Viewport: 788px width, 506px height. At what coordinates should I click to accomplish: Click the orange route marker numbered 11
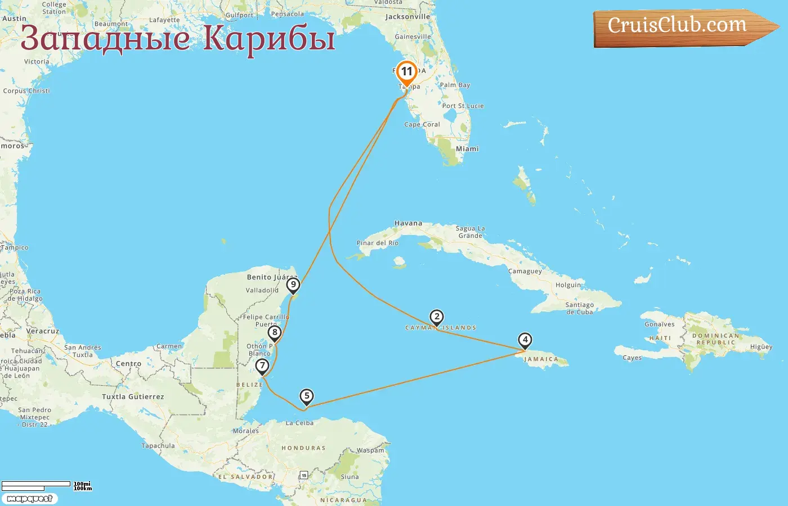tap(406, 73)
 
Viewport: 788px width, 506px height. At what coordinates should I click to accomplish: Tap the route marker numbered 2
tap(436, 317)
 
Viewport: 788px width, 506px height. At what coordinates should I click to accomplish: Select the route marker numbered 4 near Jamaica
tap(525, 340)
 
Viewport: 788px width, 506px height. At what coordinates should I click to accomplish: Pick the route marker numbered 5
tap(306, 396)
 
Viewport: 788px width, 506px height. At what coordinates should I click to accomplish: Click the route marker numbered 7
tap(262, 366)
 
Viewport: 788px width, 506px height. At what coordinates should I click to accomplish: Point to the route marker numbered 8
tap(275, 332)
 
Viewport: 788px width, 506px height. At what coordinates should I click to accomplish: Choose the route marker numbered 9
tap(293, 285)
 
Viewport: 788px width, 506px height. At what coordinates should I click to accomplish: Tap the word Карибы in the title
tap(269, 38)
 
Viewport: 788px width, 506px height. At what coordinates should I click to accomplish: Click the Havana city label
tap(408, 223)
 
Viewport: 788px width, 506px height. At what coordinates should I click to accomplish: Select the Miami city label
tap(467, 149)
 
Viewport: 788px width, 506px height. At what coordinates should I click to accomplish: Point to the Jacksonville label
tap(408, 17)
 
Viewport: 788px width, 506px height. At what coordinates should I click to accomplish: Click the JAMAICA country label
tap(541, 359)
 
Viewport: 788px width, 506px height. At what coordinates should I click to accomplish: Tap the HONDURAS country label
tap(303, 448)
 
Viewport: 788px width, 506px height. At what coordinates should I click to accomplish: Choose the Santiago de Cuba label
tap(579, 308)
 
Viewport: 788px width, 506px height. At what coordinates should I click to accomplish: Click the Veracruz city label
tap(43, 331)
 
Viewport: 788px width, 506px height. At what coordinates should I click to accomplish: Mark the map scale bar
tap(37, 485)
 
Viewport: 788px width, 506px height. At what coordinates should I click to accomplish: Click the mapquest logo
tap(29, 498)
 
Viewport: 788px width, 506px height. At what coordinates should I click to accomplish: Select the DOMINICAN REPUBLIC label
tap(715, 339)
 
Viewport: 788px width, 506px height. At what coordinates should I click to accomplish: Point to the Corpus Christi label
tap(26, 91)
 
